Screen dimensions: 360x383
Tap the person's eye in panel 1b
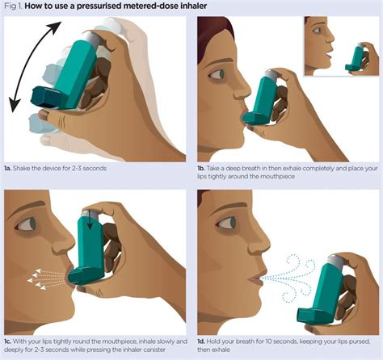pyautogui.click(x=217, y=74)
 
